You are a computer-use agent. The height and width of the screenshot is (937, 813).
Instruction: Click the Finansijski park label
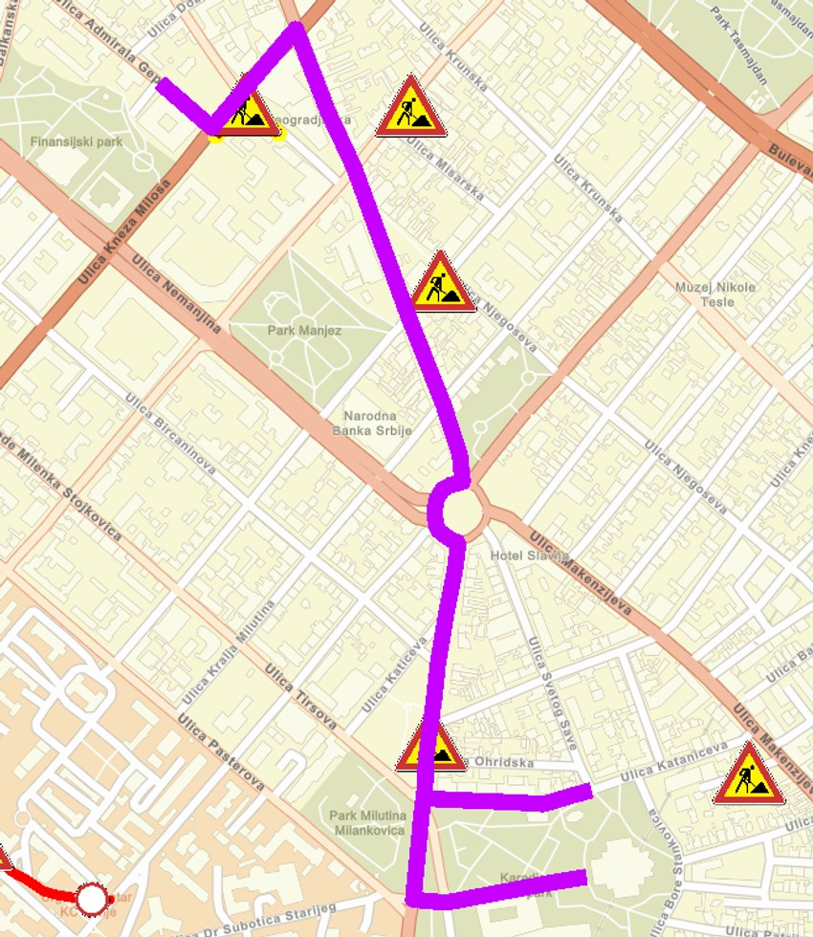(x=77, y=142)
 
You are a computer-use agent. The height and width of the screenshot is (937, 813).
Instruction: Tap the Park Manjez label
(x=304, y=330)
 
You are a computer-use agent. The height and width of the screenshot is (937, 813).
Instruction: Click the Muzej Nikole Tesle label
(x=715, y=294)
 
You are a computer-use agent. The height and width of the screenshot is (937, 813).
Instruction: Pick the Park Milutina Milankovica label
(x=368, y=822)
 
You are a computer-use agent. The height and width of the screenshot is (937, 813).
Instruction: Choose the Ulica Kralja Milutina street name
(x=230, y=650)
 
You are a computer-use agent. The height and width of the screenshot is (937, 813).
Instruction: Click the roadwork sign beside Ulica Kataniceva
(x=749, y=774)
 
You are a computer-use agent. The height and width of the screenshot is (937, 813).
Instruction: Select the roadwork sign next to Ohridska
(x=431, y=747)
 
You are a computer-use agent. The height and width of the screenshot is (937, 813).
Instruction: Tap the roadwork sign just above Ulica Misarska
(x=411, y=106)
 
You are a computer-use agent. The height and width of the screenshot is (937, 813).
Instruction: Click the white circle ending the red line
(x=91, y=899)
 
